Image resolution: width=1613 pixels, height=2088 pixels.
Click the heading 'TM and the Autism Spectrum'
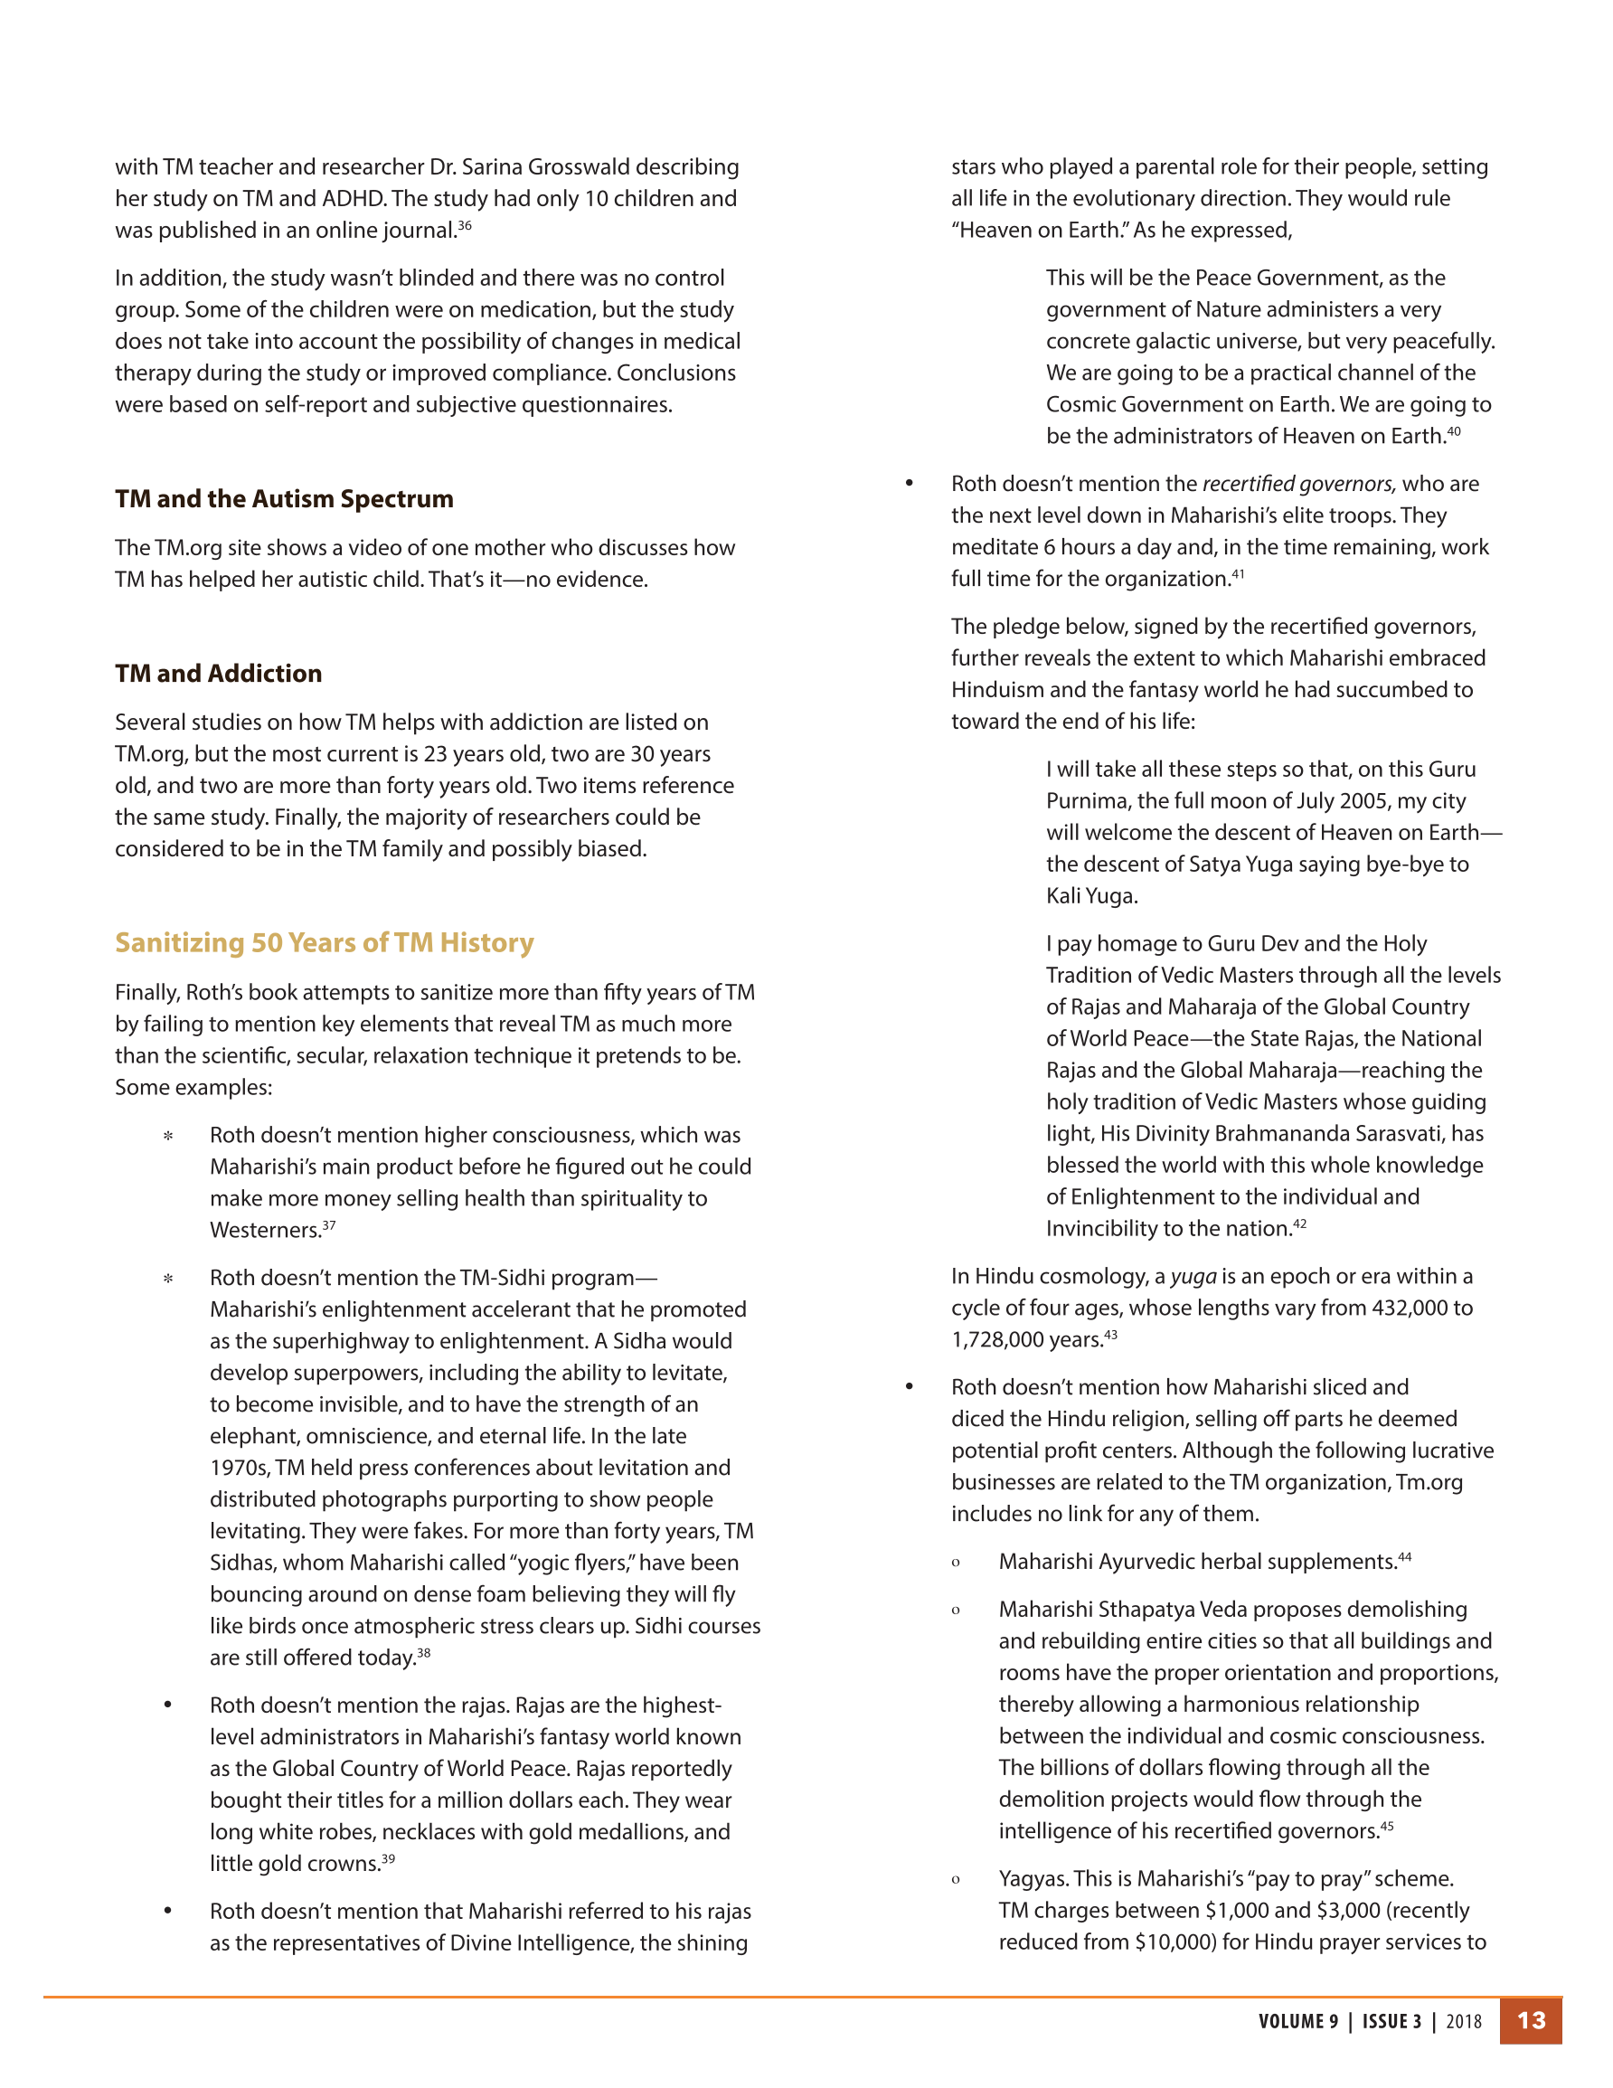[x=284, y=499]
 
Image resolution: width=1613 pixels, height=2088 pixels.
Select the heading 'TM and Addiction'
[x=218, y=673]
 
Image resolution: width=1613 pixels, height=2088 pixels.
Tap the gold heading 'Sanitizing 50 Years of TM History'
[x=324, y=942]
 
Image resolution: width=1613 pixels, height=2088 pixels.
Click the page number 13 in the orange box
[x=1531, y=2020]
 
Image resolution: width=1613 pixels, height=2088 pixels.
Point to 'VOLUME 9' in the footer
[x=1297, y=2021]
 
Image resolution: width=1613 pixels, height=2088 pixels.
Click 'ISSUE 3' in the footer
[x=1391, y=2021]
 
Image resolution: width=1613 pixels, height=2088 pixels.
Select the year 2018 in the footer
[x=1464, y=2021]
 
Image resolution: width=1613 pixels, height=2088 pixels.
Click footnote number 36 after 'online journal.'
[x=465, y=226]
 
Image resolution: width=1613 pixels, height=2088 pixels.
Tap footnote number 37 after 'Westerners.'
[x=329, y=1224]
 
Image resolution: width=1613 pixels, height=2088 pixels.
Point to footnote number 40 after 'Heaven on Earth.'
[x=1453, y=431]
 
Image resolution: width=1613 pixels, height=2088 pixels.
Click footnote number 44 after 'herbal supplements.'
[x=1404, y=1556]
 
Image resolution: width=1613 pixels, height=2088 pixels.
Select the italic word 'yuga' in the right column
[x=1193, y=1276]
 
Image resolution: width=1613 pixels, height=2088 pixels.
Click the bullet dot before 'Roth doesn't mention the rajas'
[x=168, y=1705]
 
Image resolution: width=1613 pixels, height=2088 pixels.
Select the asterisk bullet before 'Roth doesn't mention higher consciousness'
[x=168, y=1136]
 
